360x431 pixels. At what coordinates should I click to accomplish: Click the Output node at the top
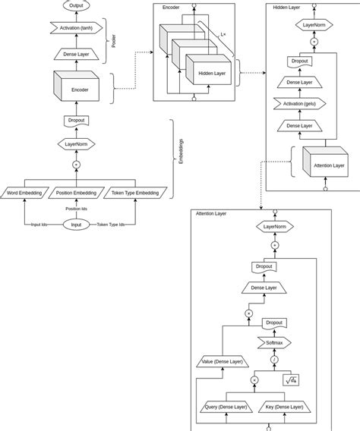[76, 5]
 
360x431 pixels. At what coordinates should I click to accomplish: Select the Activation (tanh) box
[76, 28]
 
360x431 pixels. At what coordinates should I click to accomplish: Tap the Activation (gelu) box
[303, 103]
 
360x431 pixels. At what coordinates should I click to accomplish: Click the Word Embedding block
[24, 193]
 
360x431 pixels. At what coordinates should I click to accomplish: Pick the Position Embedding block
[75, 193]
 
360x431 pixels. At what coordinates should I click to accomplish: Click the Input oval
[76, 225]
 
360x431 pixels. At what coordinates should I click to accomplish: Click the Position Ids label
[76, 209]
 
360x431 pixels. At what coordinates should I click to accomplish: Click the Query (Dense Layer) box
[227, 407]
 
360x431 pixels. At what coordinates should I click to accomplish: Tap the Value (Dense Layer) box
[223, 361]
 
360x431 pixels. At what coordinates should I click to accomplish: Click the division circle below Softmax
[275, 360]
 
